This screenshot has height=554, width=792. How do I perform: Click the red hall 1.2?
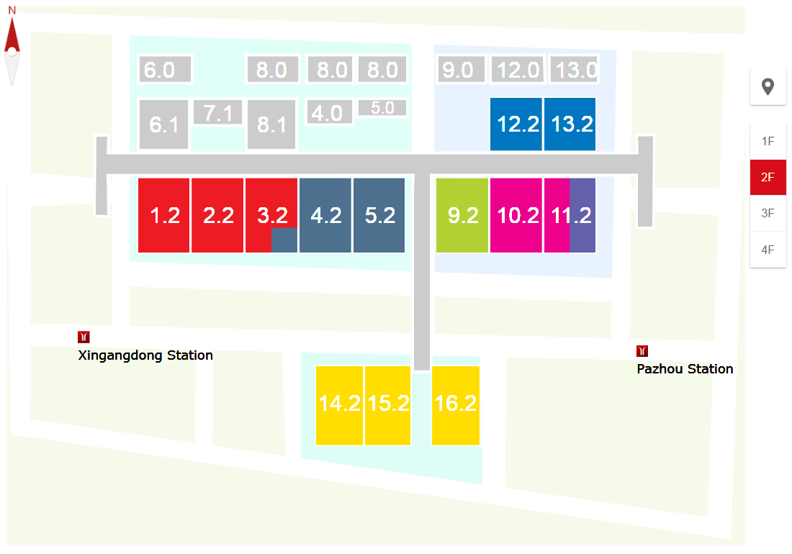click(x=164, y=215)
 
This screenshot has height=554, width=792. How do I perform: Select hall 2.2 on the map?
click(x=217, y=215)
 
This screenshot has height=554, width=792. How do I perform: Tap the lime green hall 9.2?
click(x=463, y=215)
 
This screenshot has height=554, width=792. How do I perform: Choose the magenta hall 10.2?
click(x=516, y=215)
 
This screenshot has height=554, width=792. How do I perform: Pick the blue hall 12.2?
click(x=516, y=124)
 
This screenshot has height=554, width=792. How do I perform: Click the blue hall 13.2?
click(x=570, y=124)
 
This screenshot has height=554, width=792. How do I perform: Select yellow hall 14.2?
click(x=339, y=405)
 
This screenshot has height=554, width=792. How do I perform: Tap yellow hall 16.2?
click(x=456, y=405)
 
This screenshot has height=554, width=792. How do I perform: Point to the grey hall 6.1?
click(x=164, y=124)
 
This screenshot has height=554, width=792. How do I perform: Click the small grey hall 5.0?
click(x=382, y=108)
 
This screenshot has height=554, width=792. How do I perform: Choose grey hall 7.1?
click(x=217, y=113)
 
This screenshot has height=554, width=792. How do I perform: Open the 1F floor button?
click(x=768, y=141)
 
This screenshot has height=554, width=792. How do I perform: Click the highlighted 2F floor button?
click(x=768, y=177)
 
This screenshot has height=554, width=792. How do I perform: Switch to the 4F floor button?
click(x=768, y=250)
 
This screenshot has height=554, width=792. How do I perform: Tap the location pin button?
click(x=768, y=87)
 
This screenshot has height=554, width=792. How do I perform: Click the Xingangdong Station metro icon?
click(x=84, y=337)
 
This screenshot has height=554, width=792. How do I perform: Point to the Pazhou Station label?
click(x=685, y=369)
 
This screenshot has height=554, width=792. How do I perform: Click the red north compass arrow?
click(x=12, y=36)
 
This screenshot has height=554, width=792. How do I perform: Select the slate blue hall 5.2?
click(x=379, y=215)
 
